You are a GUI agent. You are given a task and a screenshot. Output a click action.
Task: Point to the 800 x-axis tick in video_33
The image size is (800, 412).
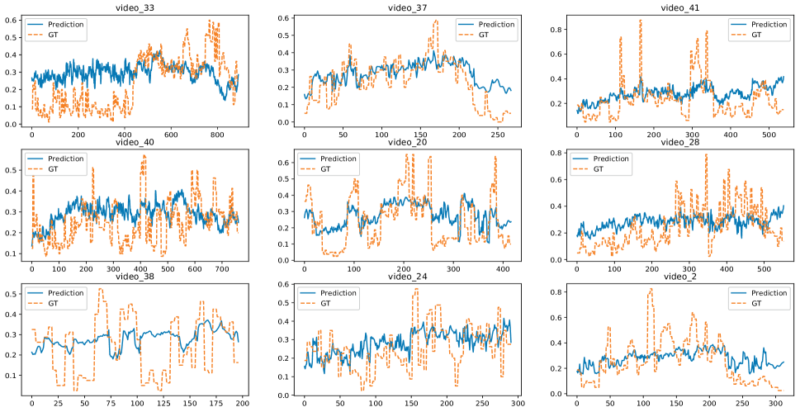pyautogui.click(x=216, y=135)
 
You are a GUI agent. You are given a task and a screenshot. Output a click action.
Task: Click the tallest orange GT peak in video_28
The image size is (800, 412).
pyautogui.click(x=706, y=154)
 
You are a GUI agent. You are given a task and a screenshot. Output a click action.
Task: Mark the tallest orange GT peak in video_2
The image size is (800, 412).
pyautogui.click(x=651, y=289)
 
